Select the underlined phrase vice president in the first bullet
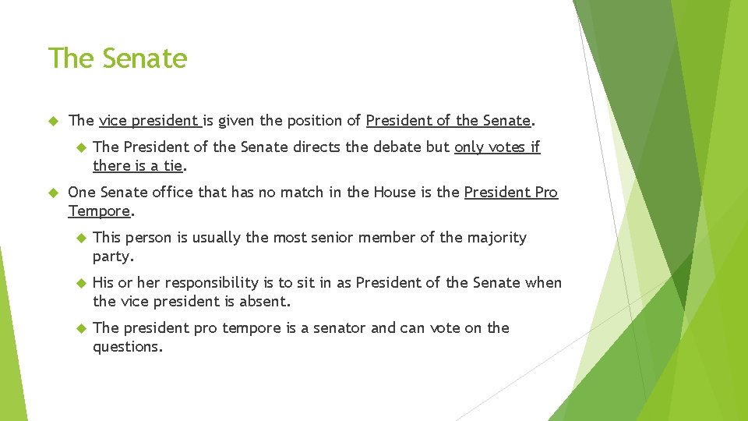click(x=149, y=121)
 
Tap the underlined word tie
click(x=172, y=165)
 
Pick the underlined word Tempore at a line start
click(x=99, y=211)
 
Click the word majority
click(x=496, y=238)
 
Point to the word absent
click(x=263, y=302)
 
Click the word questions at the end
click(x=128, y=347)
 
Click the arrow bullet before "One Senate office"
click(x=54, y=193)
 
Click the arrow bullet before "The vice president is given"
click(x=54, y=121)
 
